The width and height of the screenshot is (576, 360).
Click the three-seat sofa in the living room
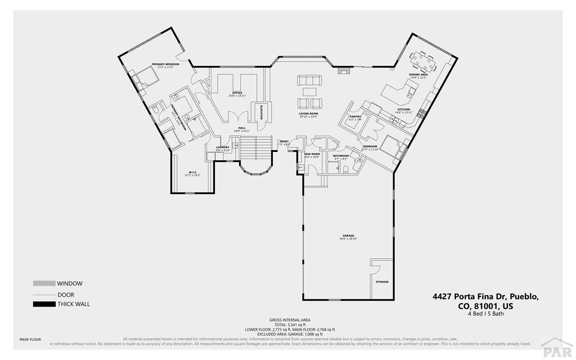coord(309,80)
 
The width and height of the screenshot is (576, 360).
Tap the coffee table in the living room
coord(309,91)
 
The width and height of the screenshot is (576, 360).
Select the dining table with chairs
coord(425,58)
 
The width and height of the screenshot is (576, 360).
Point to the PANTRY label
coord(355,117)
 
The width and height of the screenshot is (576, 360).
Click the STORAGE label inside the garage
coord(382,282)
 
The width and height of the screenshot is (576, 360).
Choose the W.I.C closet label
coord(192,173)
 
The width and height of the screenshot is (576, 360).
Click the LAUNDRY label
coord(223,148)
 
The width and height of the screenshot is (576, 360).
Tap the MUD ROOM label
coord(312,154)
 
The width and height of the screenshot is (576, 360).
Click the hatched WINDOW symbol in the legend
coord(43,283)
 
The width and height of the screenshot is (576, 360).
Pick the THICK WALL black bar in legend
coord(43,304)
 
